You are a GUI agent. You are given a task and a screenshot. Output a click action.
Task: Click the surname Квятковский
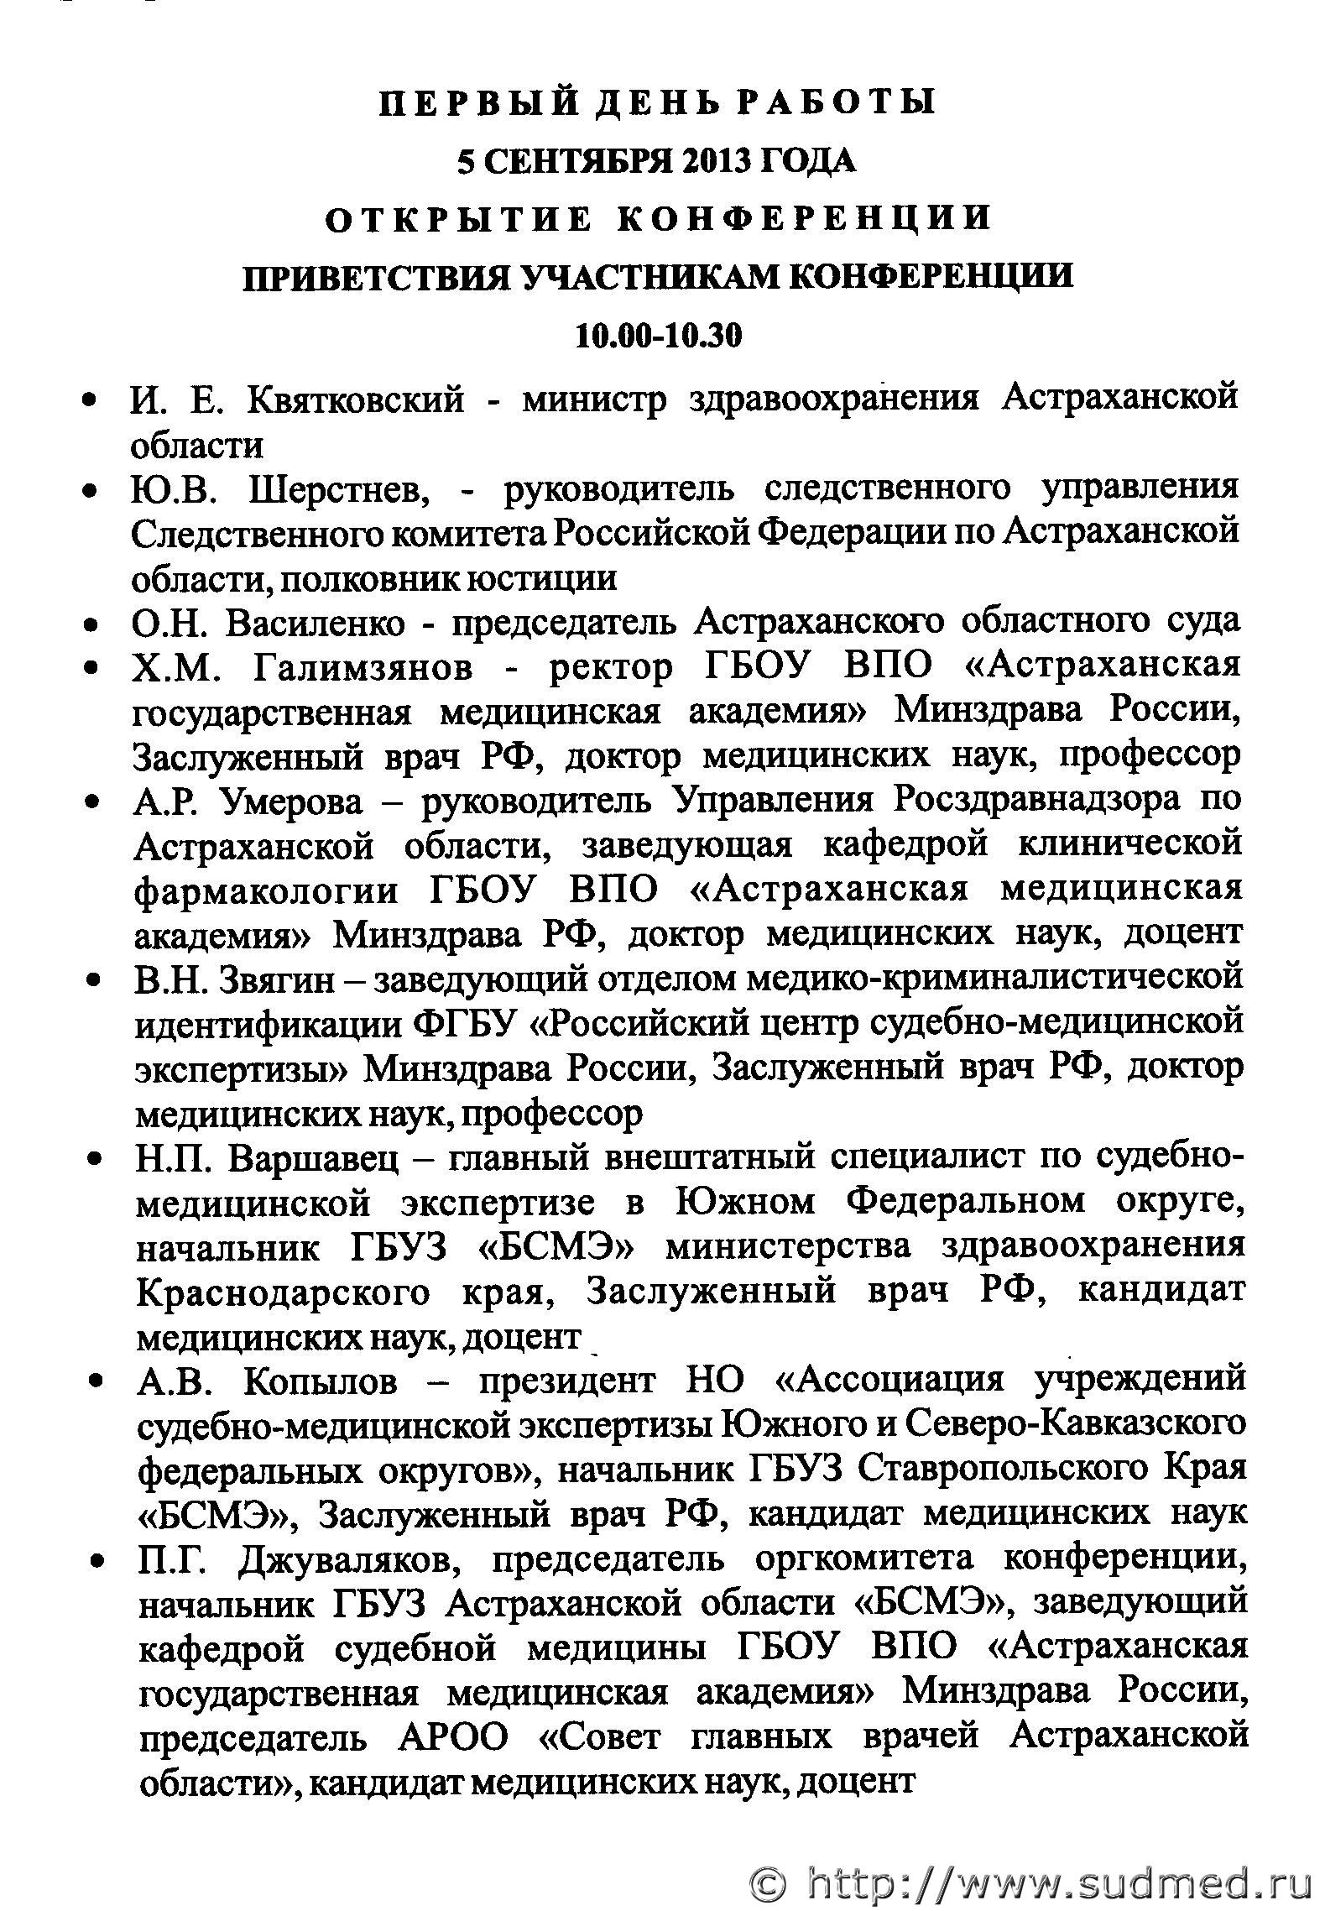(x=355, y=399)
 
